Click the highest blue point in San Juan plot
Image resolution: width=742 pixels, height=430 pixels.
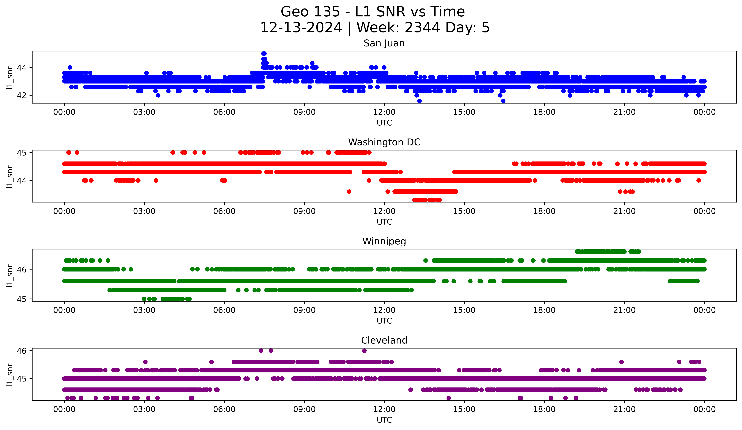264,53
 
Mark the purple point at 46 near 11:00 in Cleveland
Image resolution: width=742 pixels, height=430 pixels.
364,351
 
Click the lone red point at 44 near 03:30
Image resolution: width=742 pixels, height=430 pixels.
156,180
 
